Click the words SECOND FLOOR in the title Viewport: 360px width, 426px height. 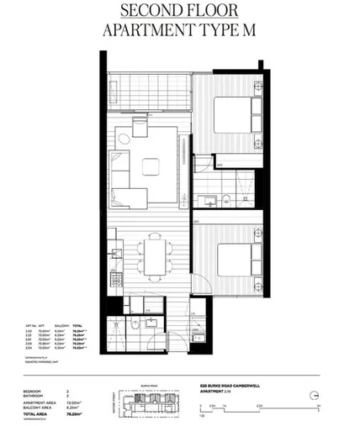click(179, 12)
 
